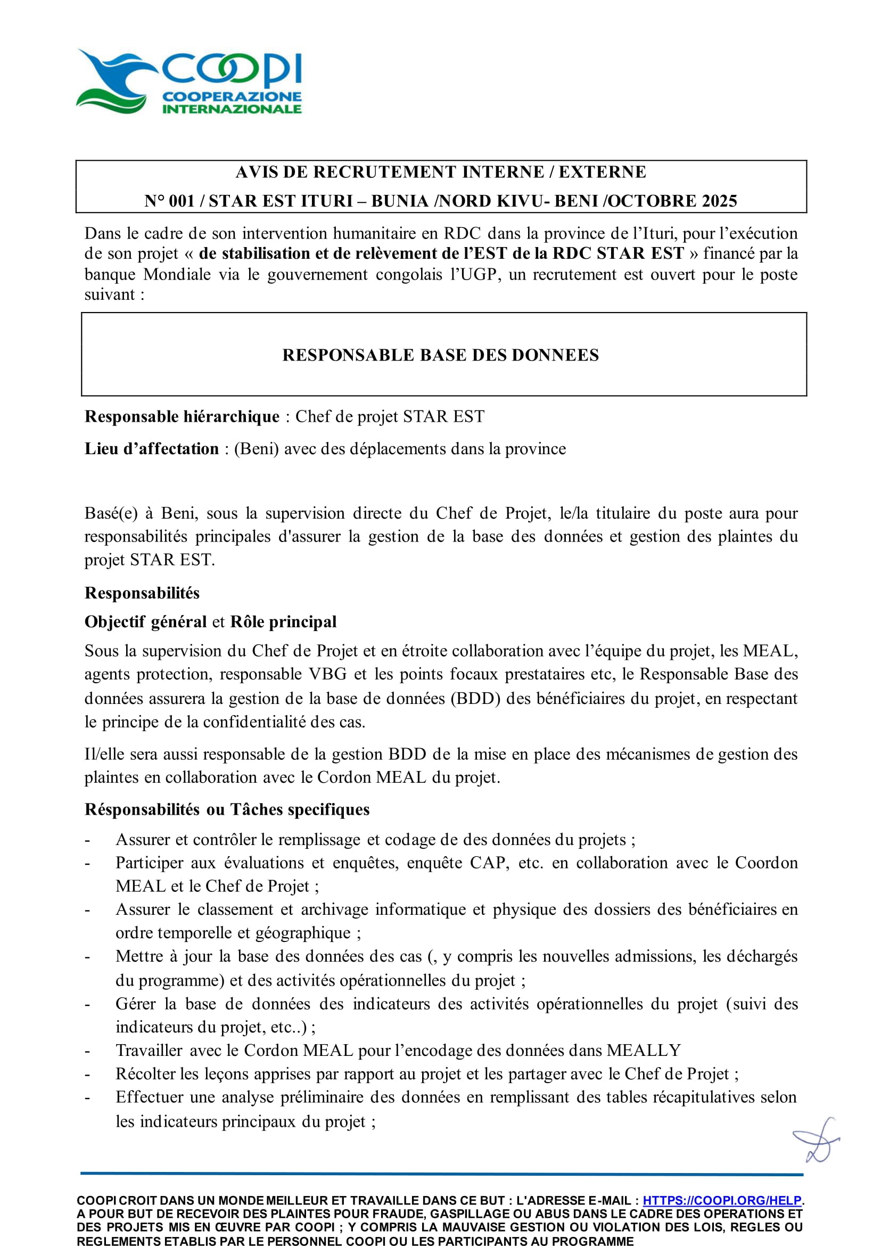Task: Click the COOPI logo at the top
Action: coord(189,81)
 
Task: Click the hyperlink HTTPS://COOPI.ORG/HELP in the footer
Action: coord(721,1200)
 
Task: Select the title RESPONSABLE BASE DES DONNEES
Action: coord(441,355)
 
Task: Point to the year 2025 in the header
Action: coord(719,201)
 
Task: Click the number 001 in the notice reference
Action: coord(182,201)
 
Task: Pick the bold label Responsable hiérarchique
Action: coord(182,416)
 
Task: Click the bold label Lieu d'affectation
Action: coord(152,449)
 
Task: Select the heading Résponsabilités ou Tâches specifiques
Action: coord(227,809)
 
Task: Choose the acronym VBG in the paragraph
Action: coord(328,674)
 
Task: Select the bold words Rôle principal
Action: coord(283,621)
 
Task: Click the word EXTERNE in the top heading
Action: coord(602,172)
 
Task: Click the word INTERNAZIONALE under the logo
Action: coord(232,109)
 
